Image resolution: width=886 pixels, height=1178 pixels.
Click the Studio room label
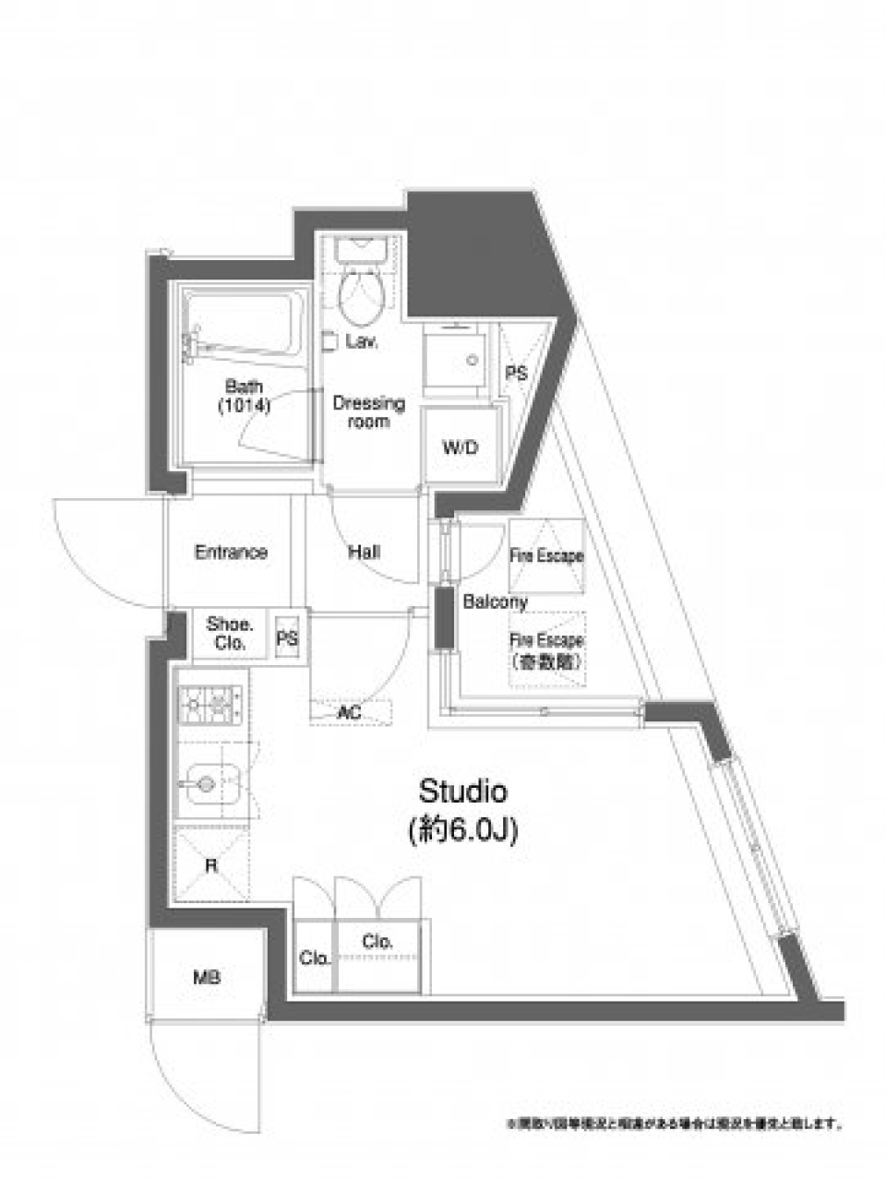(x=462, y=791)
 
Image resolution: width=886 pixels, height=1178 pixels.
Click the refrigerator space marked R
(x=211, y=865)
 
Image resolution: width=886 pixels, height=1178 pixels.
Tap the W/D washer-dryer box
(x=461, y=448)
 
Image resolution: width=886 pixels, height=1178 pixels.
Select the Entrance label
(x=231, y=553)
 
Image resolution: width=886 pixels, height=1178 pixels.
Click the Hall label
(x=365, y=553)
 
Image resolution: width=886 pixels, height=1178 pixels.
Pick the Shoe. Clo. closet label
(x=226, y=634)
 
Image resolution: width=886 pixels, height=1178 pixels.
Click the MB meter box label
(x=207, y=978)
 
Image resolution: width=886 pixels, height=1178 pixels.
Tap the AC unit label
(x=349, y=713)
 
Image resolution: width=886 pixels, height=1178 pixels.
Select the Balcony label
(x=495, y=602)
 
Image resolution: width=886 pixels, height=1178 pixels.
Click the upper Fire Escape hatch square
(x=546, y=555)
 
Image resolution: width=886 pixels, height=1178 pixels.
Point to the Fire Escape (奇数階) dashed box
(x=547, y=650)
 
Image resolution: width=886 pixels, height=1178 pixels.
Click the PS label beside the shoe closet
(x=287, y=635)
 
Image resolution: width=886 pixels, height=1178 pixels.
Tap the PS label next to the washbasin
(x=516, y=374)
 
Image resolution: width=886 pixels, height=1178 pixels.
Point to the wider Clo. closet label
(x=378, y=942)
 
